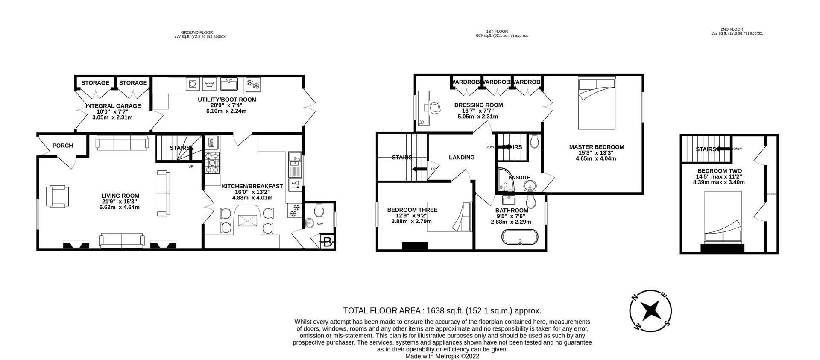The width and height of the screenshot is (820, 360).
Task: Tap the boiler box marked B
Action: click(328, 242)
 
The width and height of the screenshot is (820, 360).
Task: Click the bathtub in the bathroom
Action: click(520, 237)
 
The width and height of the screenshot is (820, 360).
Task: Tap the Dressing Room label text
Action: click(478, 105)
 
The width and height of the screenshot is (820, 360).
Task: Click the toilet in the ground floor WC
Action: click(319, 209)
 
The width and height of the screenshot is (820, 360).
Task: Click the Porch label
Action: click(62, 146)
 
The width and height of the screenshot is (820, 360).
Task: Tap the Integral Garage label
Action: click(113, 106)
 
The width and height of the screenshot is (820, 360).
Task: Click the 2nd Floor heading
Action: click(736, 29)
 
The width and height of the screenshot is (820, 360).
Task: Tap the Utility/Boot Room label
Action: click(227, 100)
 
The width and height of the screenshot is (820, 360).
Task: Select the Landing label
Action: click(461, 158)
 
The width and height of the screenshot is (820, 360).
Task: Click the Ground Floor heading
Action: click(197, 32)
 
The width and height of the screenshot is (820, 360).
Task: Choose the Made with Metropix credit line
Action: click(442, 356)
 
